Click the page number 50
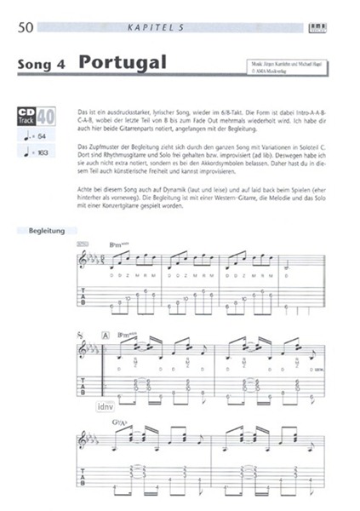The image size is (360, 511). [x=24, y=28]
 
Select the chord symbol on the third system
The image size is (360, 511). [x=118, y=422]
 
